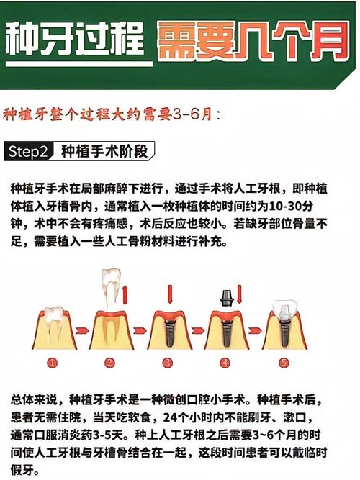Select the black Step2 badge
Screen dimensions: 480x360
pos(30,152)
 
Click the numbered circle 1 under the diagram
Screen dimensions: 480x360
pos(51,363)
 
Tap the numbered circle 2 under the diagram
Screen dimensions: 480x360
pos(109,363)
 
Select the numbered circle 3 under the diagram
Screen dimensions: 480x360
pos(167,363)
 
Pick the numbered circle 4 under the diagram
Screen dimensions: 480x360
pos(225,363)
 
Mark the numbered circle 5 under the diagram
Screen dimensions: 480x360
pos(283,363)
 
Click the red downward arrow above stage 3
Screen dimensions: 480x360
pos(168,294)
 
